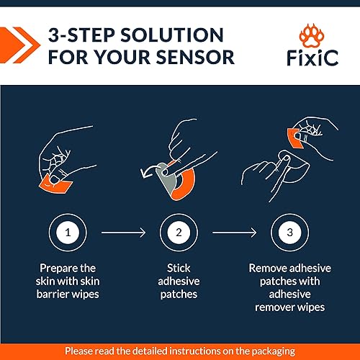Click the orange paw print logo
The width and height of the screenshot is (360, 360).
pos(312,35)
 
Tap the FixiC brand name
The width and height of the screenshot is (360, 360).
pos(312,58)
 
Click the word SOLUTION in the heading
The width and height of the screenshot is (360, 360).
pos(172,35)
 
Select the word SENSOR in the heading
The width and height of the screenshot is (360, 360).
pos(195,58)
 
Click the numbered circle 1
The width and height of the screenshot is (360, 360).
pos(68,233)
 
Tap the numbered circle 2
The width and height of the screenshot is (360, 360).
pos(179,233)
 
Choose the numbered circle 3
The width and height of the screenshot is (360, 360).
pos(290,233)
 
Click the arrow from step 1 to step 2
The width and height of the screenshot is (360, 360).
pos(123,233)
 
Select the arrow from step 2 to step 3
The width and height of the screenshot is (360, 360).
pos(235,233)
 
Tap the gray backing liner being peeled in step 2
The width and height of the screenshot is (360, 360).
pos(166,178)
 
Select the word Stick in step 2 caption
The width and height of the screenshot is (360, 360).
pos(179,268)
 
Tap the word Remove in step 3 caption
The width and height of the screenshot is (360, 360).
pos(267,268)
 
